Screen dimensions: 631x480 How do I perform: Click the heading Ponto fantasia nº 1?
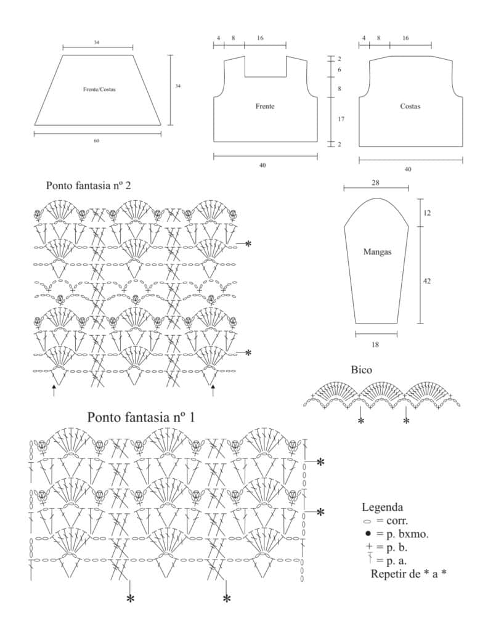[x=141, y=417]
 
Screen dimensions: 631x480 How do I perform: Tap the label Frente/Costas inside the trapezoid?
[x=99, y=89]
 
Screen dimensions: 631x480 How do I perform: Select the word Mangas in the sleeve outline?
[x=377, y=252]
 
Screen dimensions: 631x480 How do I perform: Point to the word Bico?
[x=362, y=370]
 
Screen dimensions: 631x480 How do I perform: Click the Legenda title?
[x=382, y=508]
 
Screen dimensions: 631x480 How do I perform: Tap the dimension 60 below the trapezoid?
[x=97, y=141]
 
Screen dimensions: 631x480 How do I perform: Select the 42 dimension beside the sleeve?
[x=428, y=281]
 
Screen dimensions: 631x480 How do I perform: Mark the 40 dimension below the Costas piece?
[x=408, y=169]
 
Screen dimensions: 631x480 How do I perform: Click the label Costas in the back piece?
[x=410, y=107]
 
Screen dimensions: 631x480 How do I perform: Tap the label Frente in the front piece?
[x=265, y=107]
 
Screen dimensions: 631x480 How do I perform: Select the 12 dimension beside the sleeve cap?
[x=428, y=213]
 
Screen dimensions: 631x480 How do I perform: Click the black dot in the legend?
[x=367, y=534]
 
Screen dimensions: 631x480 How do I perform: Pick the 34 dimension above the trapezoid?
[x=97, y=43]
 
